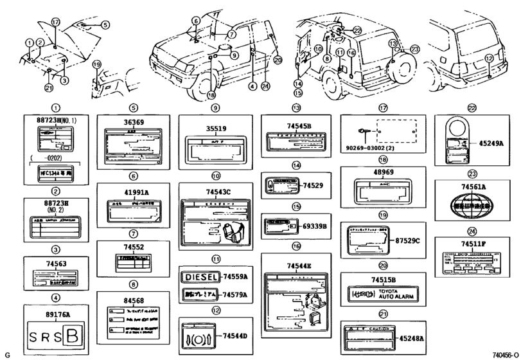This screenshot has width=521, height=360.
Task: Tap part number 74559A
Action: pos(236,277)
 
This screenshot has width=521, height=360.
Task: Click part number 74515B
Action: pos(384,279)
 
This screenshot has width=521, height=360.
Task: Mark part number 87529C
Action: pos(407,240)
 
